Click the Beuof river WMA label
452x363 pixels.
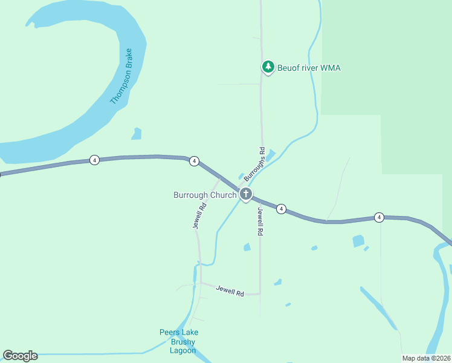309,68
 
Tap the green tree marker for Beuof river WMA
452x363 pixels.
268,67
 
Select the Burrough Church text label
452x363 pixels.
205,195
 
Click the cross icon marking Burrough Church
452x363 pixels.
246,194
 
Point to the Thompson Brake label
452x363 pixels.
126,76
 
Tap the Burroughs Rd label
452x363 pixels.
254,165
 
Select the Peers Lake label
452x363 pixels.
179,332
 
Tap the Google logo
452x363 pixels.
20,356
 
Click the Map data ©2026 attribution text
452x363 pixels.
426,358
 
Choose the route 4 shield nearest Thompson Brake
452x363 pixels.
94,160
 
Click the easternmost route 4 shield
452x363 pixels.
379,217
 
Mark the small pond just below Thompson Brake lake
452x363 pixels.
137,134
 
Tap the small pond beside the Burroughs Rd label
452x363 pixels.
270,155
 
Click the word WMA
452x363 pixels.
331,68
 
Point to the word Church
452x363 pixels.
224,195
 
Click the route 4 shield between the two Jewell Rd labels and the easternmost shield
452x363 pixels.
281,209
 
